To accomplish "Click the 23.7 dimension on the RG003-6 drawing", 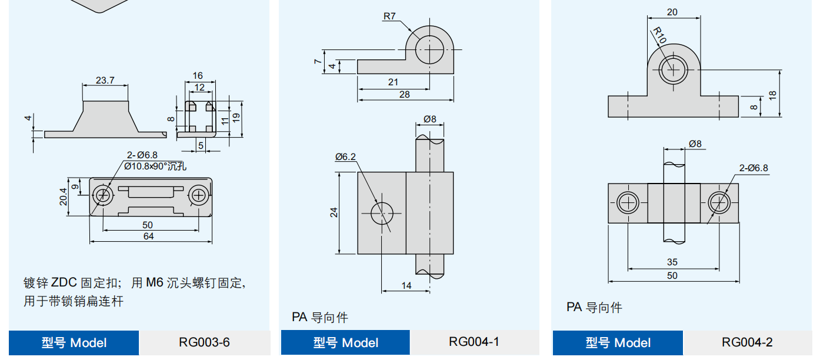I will (105, 80).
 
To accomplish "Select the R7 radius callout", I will (389, 16).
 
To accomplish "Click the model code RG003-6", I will (204, 342).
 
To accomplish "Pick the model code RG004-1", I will (474, 342).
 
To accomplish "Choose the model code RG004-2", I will (747, 342).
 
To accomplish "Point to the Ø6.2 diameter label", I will (346, 156).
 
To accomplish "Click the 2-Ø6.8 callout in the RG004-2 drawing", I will (754, 168).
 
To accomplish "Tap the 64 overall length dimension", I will (148, 236).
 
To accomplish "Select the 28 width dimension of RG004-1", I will (404, 94).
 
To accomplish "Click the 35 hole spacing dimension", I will (672, 262).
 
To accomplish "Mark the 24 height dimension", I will (334, 213).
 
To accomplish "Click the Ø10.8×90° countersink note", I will (155, 166).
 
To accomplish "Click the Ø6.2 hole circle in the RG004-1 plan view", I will (383, 213).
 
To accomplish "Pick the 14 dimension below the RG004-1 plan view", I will (406, 285).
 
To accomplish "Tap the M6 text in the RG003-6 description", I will (154, 283).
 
